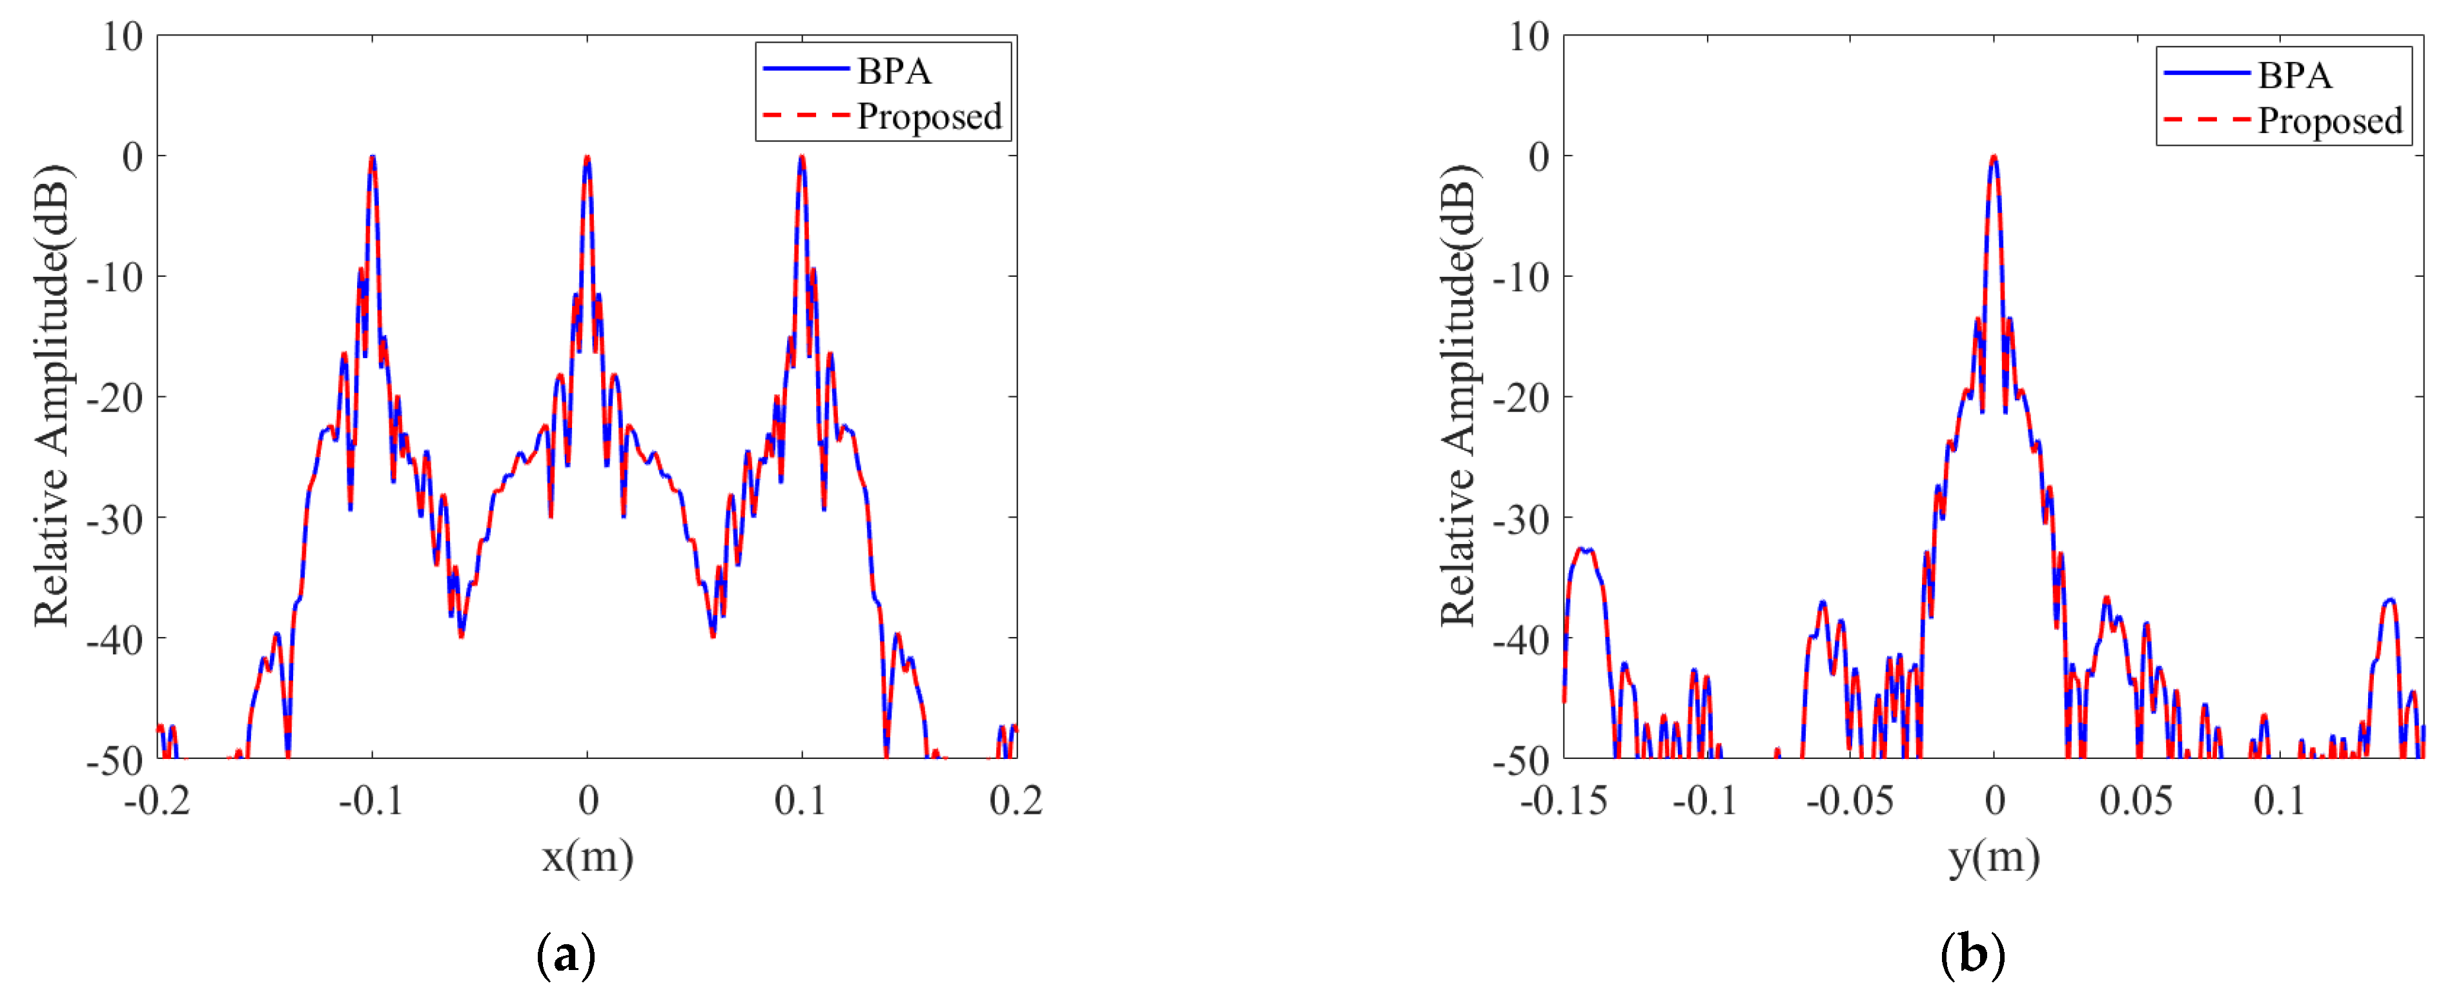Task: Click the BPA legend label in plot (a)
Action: [x=893, y=72]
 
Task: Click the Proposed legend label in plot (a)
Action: [x=929, y=117]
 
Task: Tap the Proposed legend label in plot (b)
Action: [x=2330, y=122]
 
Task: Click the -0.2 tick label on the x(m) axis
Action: [x=157, y=800]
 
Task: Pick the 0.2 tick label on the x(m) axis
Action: [x=1016, y=800]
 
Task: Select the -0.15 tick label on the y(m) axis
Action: [x=1564, y=800]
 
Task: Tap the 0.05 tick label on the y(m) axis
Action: [x=2136, y=800]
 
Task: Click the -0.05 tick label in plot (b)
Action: [x=1850, y=800]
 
